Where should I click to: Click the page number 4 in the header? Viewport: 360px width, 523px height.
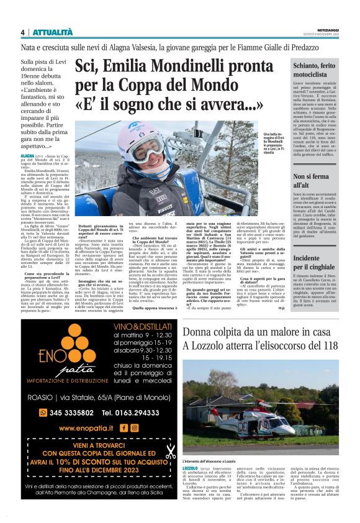pos(22,32)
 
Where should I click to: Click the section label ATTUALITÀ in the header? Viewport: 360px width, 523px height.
pos(52,32)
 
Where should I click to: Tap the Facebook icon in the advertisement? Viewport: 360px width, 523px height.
pos(124,427)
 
